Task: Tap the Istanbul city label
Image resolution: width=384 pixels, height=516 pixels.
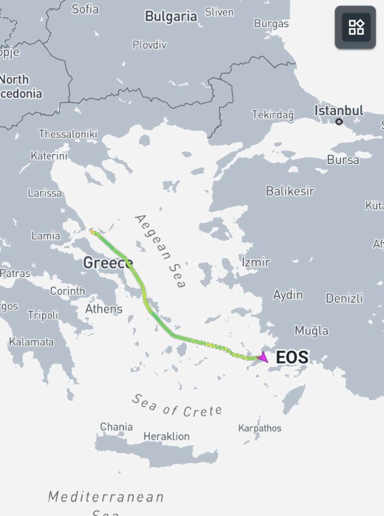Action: [338, 110]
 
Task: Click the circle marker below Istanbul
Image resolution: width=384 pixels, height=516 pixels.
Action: [339, 122]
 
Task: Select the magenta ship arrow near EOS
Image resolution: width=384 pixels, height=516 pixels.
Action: [263, 357]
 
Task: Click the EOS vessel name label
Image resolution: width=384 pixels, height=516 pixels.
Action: [292, 357]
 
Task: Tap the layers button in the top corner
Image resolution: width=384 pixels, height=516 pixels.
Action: [355, 27]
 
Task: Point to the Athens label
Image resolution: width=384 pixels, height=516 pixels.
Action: [104, 309]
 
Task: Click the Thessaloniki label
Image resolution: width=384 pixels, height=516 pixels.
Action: [68, 134]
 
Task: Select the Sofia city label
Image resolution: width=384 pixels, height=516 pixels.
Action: [85, 9]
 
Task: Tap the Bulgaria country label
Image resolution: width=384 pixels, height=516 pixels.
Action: [171, 16]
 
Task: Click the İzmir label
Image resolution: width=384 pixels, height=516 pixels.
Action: [256, 262]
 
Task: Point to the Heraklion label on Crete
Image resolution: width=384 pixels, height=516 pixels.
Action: [167, 436]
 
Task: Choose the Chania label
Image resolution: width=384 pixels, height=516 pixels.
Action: [116, 427]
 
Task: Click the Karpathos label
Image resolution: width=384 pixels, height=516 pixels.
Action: [260, 428]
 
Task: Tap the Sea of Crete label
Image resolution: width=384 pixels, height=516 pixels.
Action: [177, 406]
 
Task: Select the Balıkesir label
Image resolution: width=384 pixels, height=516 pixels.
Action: [290, 191]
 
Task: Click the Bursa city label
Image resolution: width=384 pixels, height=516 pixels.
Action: [343, 160]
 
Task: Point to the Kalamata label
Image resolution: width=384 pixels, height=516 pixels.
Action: [31, 342]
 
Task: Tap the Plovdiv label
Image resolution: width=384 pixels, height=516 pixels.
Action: [150, 45]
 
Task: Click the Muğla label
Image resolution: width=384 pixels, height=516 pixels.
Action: [311, 330]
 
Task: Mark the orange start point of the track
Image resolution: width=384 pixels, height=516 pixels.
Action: [92, 231]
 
